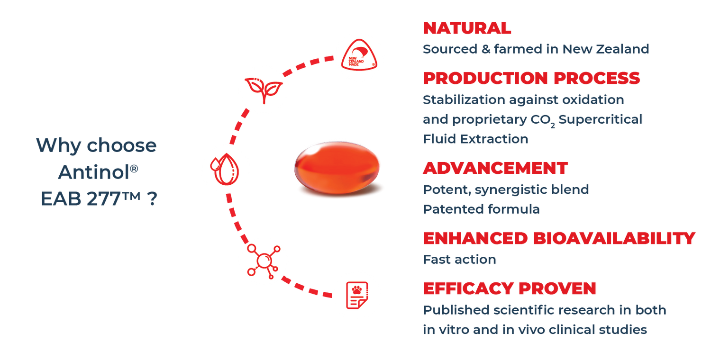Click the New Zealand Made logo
pyautogui.click(x=359, y=54)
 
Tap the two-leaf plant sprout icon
pyautogui.click(x=264, y=90)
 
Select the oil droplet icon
pyautogui.click(x=225, y=169)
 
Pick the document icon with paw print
pyautogui.click(x=357, y=295)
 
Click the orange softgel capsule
pyautogui.click(x=337, y=168)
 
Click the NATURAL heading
pyautogui.click(x=467, y=28)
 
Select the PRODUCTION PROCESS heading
pyautogui.click(x=531, y=78)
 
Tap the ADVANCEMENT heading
pyautogui.click(x=495, y=168)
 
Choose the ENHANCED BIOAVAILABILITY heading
pyautogui.click(x=559, y=238)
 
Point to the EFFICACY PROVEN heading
pyautogui.click(x=510, y=288)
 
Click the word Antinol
pyautogui.click(x=94, y=172)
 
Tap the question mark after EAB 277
pyautogui.click(x=152, y=198)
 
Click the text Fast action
pyautogui.click(x=459, y=260)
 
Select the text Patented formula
pyautogui.click(x=481, y=209)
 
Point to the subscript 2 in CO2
pyautogui.click(x=553, y=126)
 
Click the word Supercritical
pyautogui.click(x=600, y=119)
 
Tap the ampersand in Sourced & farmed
pyautogui.click(x=486, y=49)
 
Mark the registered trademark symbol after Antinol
pyautogui.click(x=134, y=169)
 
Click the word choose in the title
pyautogui.click(x=121, y=145)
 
